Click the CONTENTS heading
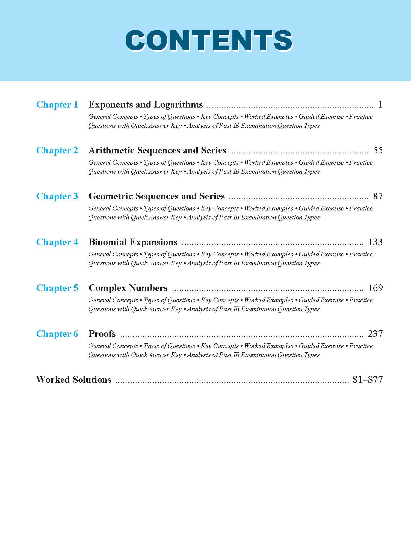(x=209, y=41)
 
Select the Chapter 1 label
(x=57, y=105)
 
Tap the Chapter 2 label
(x=57, y=150)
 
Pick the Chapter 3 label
(x=57, y=196)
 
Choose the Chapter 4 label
(x=57, y=242)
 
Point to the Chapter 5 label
(x=57, y=288)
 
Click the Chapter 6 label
(x=57, y=334)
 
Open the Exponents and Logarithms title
(x=146, y=105)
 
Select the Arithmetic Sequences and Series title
(x=158, y=150)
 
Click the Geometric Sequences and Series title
(x=157, y=196)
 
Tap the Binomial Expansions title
(x=133, y=242)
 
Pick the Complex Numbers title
(x=128, y=288)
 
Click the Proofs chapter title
(x=102, y=334)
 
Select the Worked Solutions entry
(x=74, y=380)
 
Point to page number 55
(x=378, y=150)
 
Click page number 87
(x=378, y=196)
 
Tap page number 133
(x=375, y=242)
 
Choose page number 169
(x=375, y=288)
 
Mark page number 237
(x=375, y=334)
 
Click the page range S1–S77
(x=368, y=380)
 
